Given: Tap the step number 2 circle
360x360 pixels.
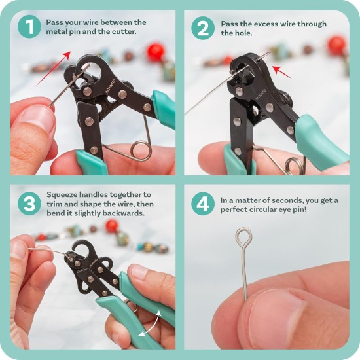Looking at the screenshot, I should (203, 28).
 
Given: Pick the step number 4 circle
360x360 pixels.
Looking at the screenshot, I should (203, 204).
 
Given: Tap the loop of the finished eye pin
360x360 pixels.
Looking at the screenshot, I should (244, 235).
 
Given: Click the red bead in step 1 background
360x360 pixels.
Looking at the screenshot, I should (155, 52).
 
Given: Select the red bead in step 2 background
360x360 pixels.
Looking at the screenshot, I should (337, 44).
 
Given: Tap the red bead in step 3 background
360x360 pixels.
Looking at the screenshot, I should (112, 225).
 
